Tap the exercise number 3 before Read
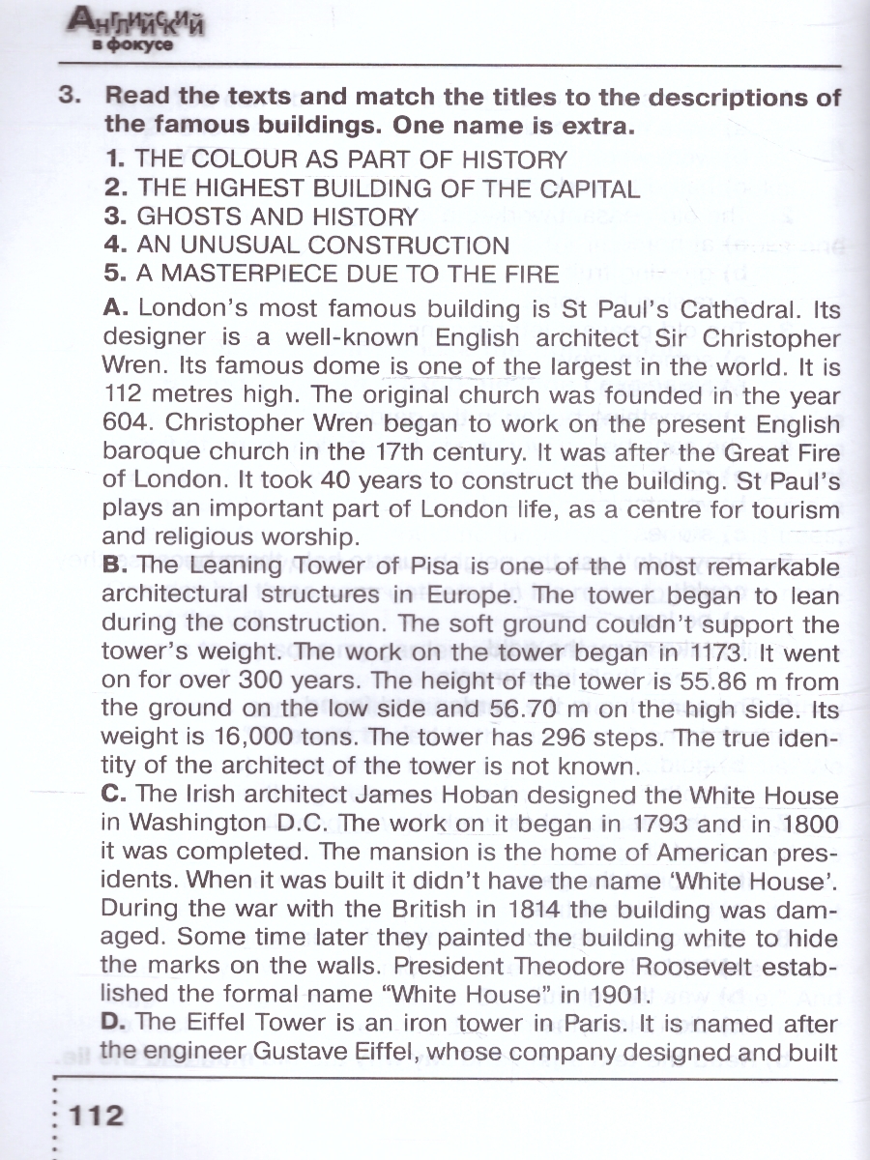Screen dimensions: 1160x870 pyautogui.click(x=68, y=98)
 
